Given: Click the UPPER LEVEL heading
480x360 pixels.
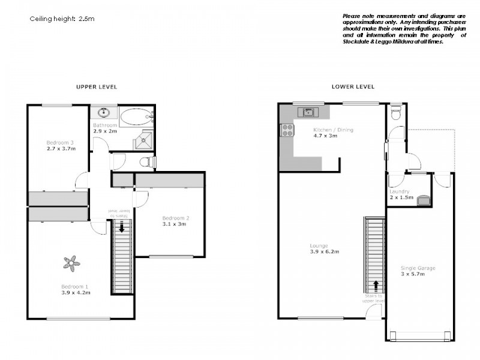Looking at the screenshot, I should tap(96, 87).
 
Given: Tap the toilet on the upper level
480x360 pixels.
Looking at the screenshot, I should tap(146, 162).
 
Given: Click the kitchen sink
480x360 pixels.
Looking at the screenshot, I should tap(308, 112).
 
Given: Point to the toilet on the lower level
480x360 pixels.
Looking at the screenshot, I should tap(394, 113).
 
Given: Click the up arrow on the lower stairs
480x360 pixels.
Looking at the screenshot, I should tap(376, 286).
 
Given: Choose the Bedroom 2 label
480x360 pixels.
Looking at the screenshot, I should tap(176, 218).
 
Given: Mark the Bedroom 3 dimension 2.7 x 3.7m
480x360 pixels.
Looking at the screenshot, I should tap(61, 148).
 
